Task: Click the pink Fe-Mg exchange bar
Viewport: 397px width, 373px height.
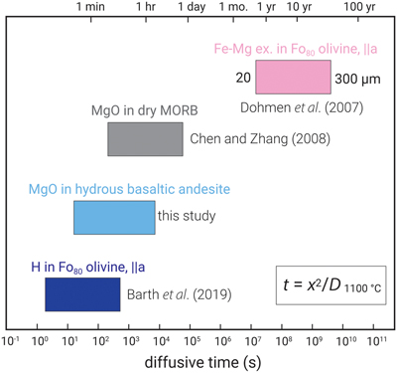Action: [x=293, y=77]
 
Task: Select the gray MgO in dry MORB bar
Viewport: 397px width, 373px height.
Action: [x=145, y=139]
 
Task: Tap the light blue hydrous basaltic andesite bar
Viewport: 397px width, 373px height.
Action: [x=114, y=218]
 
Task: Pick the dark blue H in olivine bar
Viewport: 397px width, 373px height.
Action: [x=82, y=294]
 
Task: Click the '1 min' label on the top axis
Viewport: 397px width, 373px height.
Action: [x=90, y=7]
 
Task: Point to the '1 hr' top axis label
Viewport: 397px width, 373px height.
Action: [x=146, y=7]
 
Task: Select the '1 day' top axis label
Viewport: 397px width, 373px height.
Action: [x=192, y=7]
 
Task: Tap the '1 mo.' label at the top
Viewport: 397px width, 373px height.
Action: [x=233, y=7]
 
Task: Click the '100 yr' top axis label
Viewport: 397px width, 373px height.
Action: [x=359, y=7]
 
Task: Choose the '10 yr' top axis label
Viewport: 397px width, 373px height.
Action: [x=299, y=7]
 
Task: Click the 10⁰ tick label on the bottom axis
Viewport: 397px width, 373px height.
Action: [x=38, y=341]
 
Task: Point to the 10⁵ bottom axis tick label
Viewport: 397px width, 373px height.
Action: [x=191, y=341]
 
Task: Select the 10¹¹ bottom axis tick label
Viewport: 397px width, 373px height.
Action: [x=375, y=341]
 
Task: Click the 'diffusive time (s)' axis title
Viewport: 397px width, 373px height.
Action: [x=202, y=362]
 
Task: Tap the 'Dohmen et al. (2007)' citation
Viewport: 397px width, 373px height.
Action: [x=302, y=107]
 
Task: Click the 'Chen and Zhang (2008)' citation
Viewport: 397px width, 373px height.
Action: [x=260, y=139]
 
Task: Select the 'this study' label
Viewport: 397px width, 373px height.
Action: [x=187, y=216]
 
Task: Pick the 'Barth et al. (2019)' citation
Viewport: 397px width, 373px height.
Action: [x=180, y=294]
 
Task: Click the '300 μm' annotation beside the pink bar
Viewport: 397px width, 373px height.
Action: [x=357, y=80]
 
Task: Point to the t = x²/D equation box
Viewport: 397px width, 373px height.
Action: [x=331, y=285]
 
